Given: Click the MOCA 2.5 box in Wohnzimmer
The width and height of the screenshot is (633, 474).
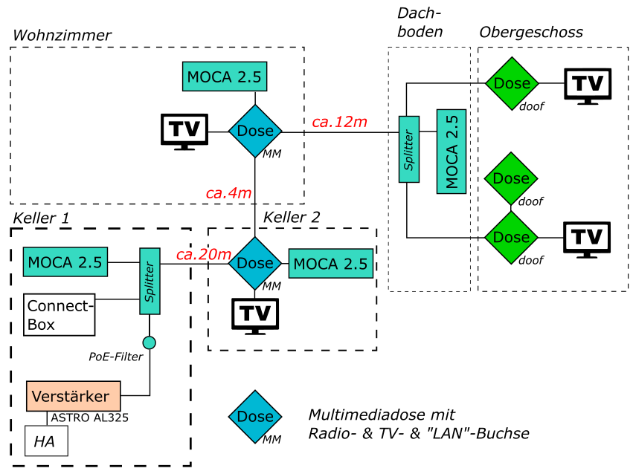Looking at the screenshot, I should click(224, 77).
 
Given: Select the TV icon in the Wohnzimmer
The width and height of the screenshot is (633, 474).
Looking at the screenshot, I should click(184, 132).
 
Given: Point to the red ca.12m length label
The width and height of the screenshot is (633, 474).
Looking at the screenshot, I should click(339, 122).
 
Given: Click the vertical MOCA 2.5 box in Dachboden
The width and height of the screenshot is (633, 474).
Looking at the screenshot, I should click(452, 152).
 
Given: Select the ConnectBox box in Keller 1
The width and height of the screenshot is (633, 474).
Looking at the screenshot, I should click(60, 314).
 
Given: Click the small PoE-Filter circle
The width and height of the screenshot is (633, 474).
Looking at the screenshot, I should click(150, 342).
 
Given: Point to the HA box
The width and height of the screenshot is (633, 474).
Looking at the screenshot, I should click(47, 443).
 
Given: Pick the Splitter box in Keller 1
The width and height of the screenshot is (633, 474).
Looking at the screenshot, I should click(150, 282).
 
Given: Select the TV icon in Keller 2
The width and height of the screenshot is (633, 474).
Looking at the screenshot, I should click(255, 314).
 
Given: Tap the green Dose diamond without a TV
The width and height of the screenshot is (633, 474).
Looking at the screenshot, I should click(511, 179).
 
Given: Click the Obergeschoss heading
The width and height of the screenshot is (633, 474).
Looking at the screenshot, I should click(531, 32).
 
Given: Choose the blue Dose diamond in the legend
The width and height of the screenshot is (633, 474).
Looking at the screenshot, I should click(255, 416).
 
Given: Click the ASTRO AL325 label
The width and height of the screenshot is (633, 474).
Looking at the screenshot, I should click(89, 418).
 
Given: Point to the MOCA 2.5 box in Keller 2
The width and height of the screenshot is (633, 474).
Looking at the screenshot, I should click(330, 264).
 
